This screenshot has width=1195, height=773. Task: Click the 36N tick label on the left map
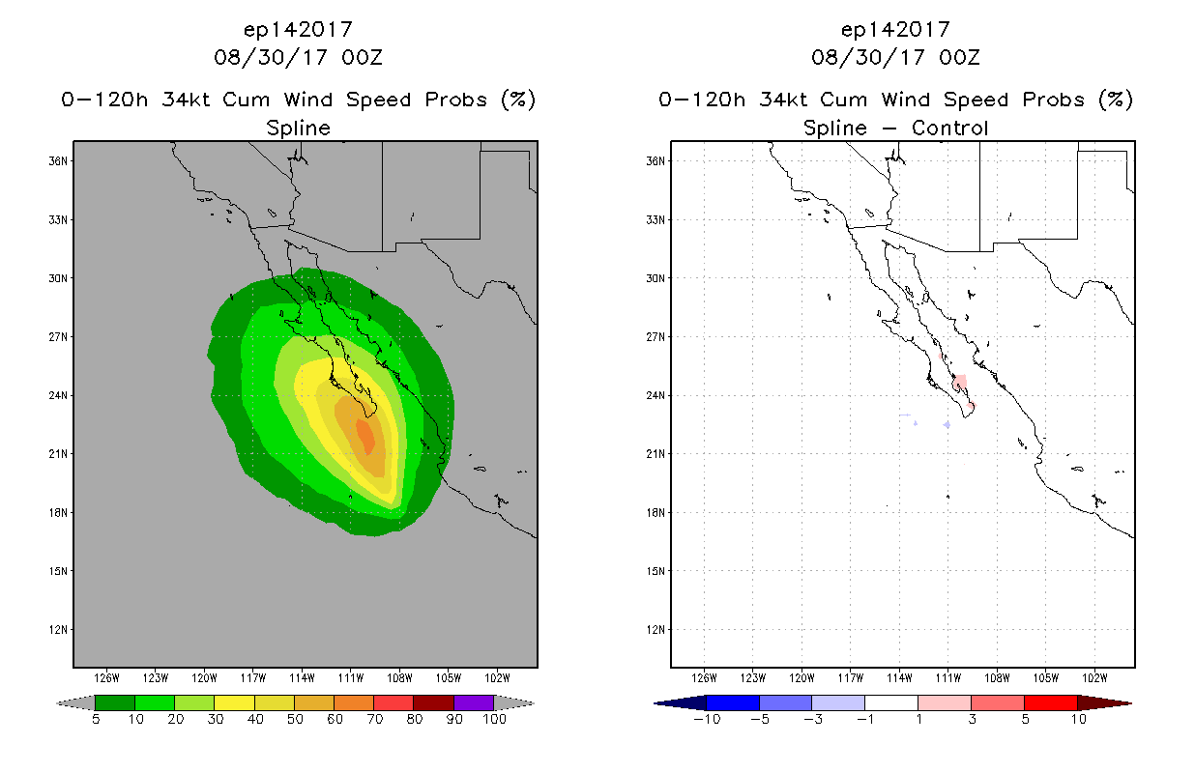tap(58, 161)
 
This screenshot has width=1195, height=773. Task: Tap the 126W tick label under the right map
tap(704, 678)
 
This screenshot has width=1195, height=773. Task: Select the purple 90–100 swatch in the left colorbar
tap(474, 702)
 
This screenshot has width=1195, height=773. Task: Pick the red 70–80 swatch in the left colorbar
tap(393, 702)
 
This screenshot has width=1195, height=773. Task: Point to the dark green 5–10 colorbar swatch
tap(115, 702)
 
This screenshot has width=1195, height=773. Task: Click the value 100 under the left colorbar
tap(494, 719)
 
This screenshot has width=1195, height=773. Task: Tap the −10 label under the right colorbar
tap(707, 719)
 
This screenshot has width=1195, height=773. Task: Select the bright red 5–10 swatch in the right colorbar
tap(1051, 702)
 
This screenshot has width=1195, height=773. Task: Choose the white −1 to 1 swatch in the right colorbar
tap(890, 702)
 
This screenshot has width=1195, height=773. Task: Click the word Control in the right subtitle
tap(949, 128)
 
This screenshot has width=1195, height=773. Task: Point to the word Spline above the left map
tap(298, 129)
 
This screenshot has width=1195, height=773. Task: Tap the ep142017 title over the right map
tap(895, 30)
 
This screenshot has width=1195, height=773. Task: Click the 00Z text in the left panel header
tap(362, 57)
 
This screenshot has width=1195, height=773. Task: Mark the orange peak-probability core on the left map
tap(366, 435)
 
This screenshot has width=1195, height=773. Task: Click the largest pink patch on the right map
tap(959, 382)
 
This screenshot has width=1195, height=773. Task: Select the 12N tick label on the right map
tap(656, 630)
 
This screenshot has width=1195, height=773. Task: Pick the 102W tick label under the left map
tap(497, 678)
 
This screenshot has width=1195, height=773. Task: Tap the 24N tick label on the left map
tap(58, 395)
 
